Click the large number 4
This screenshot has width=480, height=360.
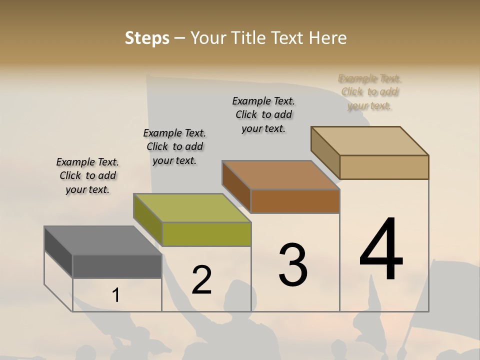click(381, 249)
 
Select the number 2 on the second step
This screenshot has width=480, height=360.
click(201, 280)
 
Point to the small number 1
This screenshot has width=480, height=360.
click(115, 295)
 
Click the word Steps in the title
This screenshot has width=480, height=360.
click(147, 38)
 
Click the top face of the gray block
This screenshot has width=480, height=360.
click(103, 240)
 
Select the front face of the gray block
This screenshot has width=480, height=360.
click(117, 266)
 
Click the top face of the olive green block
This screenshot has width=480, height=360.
click(192, 208)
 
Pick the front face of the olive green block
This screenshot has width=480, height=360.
click(206, 234)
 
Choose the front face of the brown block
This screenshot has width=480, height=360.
click(295, 201)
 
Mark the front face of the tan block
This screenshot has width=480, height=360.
click(384, 167)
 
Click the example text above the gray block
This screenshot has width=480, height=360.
click(87, 175)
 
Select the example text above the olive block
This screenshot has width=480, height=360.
click(174, 146)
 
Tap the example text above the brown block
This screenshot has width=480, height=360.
click(263, 114)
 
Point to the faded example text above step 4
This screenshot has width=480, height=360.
click(370, 92)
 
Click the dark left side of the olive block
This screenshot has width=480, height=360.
click(148, 220)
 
